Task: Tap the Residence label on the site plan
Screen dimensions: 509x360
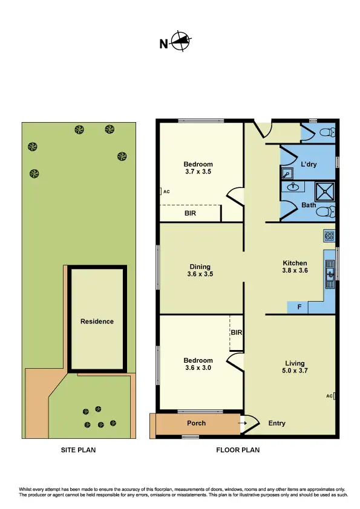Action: [x=97, y=321]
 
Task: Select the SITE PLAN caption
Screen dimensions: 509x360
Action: [x=78, y=450]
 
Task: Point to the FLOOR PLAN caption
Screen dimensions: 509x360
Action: [x=238, y=450]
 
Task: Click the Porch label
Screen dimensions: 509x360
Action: [x=197, y=423]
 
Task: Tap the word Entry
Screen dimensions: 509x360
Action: [x=277, y=423]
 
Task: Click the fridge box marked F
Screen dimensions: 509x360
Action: [x=298, y=308]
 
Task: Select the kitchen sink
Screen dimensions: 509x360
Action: [x=330, y=275]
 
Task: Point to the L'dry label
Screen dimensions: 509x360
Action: [x=309, y=164]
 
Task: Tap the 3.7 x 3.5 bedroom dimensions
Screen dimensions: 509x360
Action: [x=198, y=172]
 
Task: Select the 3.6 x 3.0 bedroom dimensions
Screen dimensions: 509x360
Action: [x=198, y=368]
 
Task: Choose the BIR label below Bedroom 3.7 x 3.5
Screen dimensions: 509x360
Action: [x=190, y=213]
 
